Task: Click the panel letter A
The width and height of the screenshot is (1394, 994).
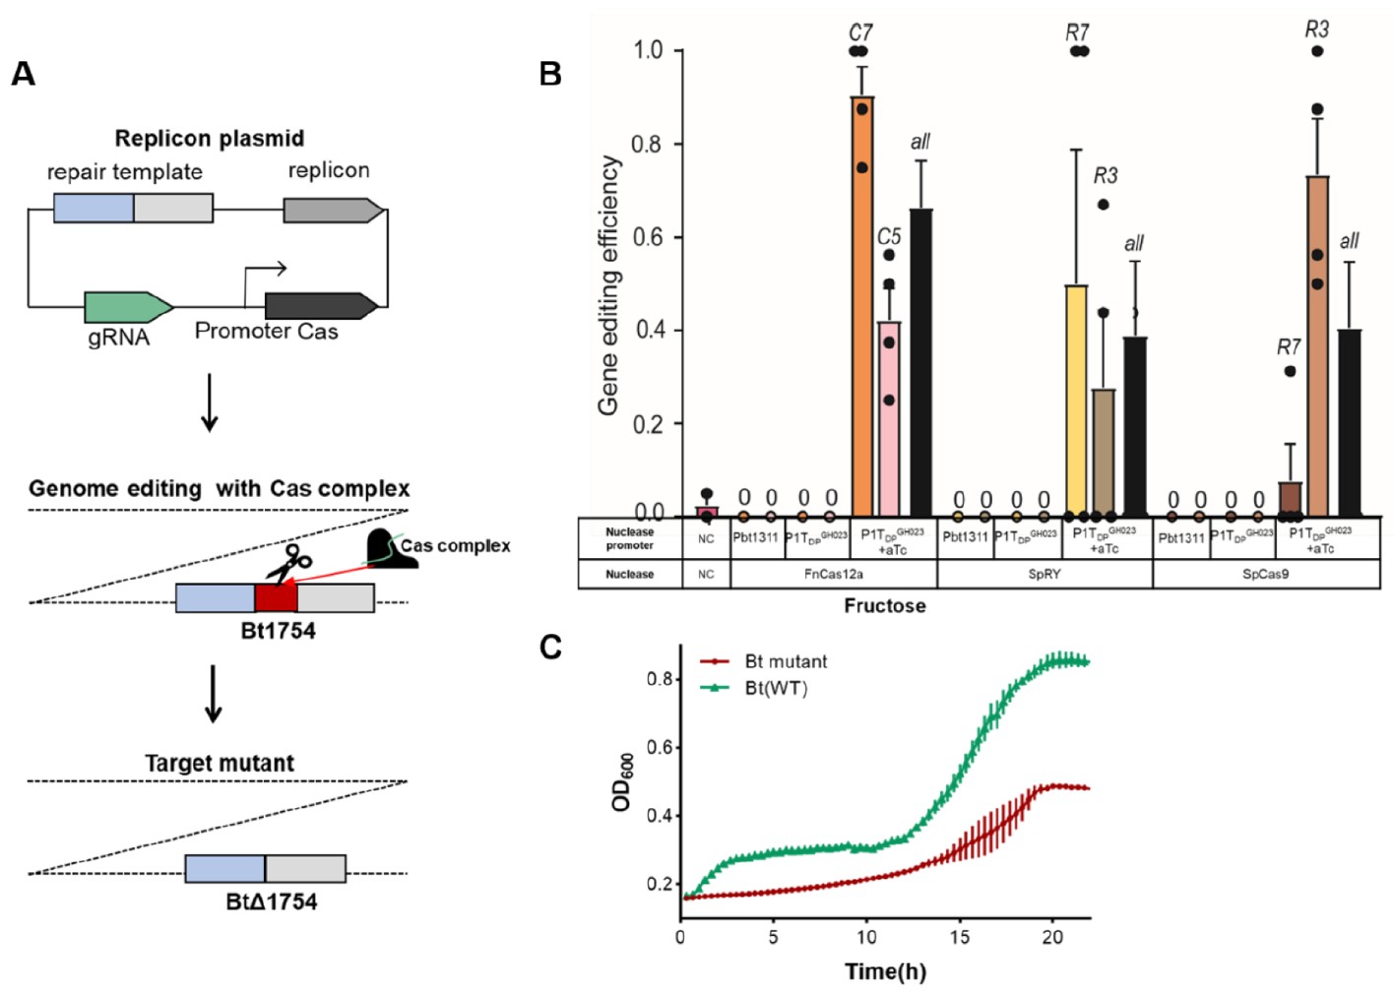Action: [x=23, y=74]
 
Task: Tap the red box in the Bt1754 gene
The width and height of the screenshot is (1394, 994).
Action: [x=276, y=598]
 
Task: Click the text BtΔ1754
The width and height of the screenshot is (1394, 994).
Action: [x=272, y=901]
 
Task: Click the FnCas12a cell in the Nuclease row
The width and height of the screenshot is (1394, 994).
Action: [x=833, y=574]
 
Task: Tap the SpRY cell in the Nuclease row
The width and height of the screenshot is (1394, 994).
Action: [x=1044, y=574]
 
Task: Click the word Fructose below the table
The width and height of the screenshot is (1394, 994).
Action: [x=884, y=606]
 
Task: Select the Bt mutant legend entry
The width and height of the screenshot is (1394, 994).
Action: [x=785, y=661]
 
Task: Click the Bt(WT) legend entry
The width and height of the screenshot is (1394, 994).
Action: [x=775, y=688]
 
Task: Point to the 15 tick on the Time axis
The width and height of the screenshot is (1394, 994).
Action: [x=959, y=937]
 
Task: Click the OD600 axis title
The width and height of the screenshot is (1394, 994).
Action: [x=622, y=782]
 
